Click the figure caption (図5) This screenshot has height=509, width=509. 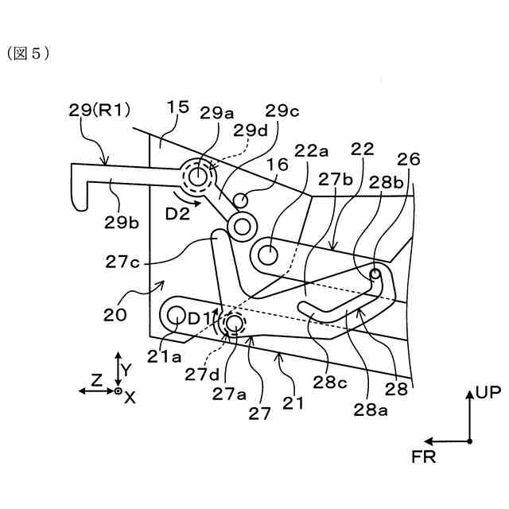29,53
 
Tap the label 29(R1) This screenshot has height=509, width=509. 99,111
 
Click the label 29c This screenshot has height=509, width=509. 283,111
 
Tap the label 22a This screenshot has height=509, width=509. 313,150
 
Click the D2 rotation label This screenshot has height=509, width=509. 178,213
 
